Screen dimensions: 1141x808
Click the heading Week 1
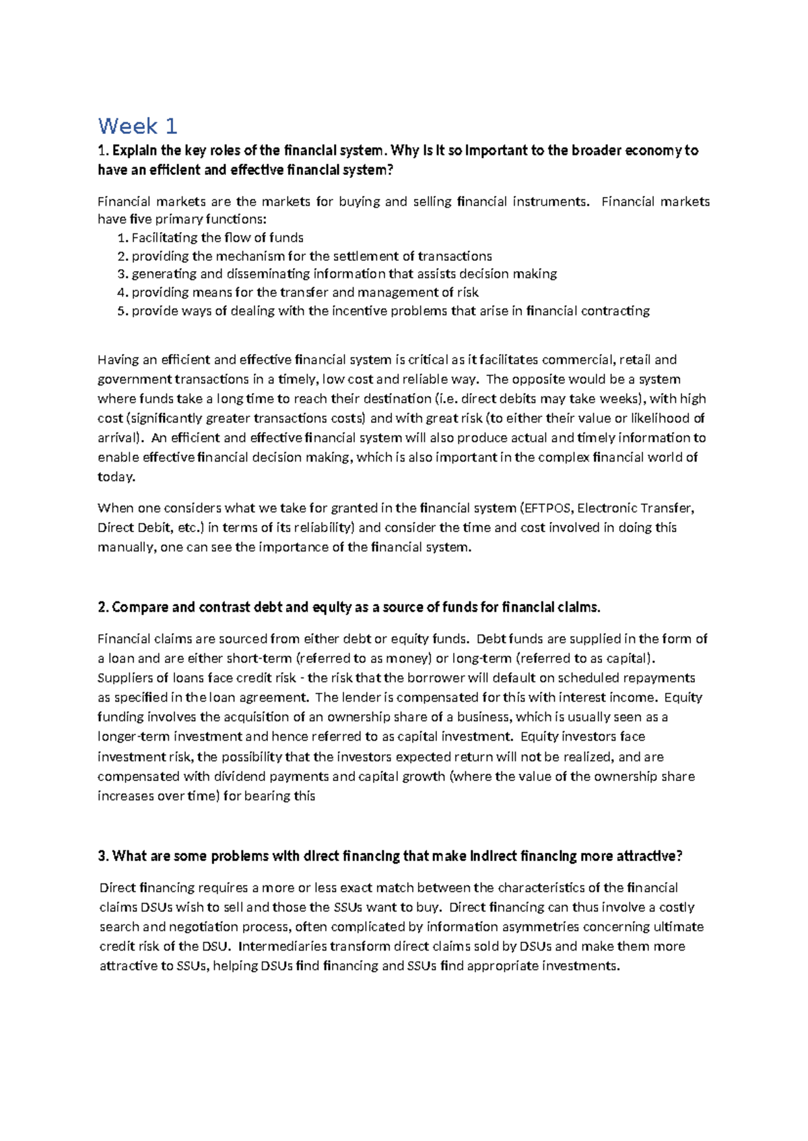tap(137, 126)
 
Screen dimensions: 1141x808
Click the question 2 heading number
tap(103, 608)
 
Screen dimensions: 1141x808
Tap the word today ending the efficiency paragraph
tap(116, 477)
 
